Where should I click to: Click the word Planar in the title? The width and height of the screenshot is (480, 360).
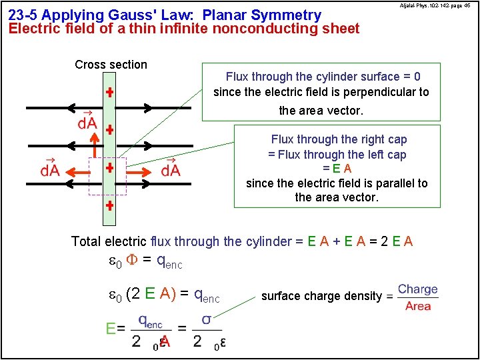click(x=225, y=15)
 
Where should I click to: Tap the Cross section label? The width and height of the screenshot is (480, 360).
click(x=111, y=65)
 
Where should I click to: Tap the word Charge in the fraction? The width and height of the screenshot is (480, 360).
click(x=418, y=289)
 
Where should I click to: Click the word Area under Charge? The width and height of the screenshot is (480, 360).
click(x=418, y=306)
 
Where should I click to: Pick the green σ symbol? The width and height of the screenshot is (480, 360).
click(x=207, y=320)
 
